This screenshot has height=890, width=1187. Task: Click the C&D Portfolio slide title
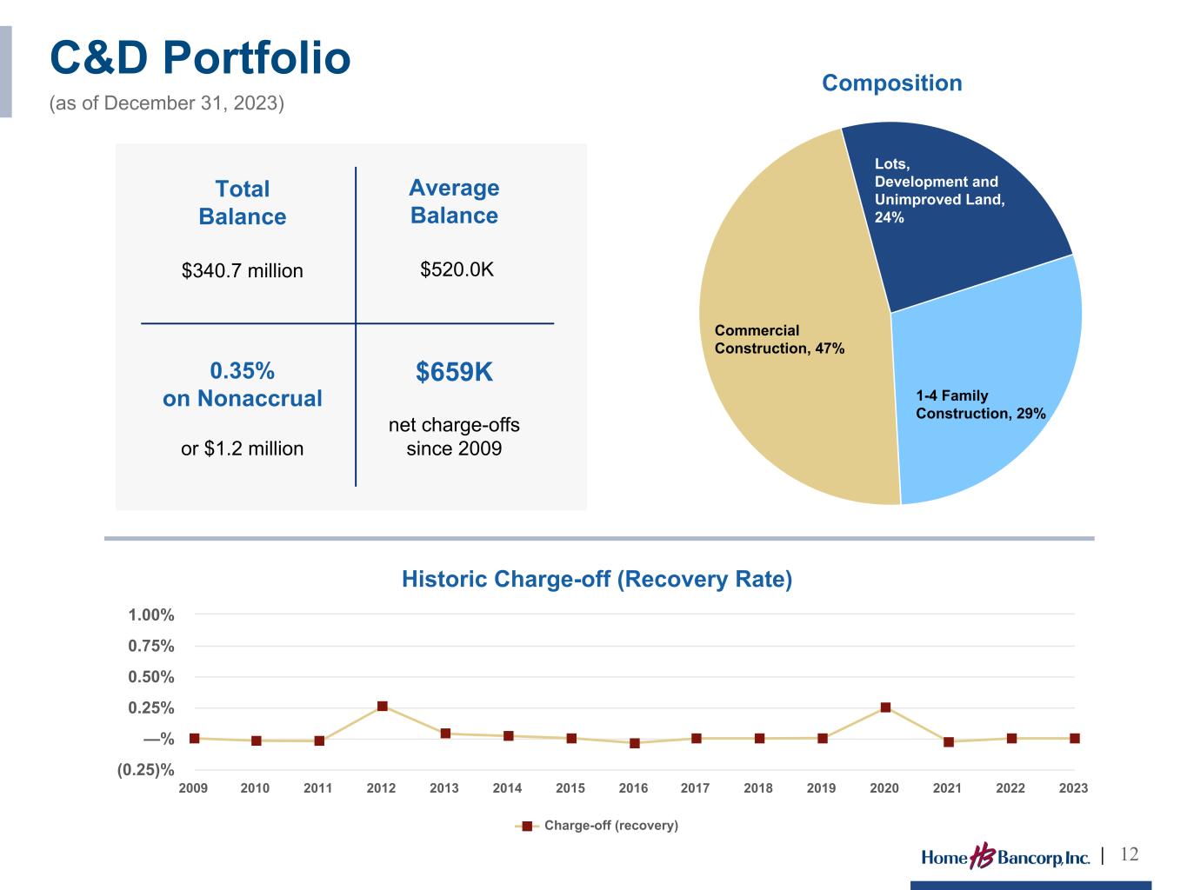click(200, 59)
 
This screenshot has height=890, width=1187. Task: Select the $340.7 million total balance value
click(242, 270)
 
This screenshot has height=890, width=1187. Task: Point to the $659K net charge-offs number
click(454, 372)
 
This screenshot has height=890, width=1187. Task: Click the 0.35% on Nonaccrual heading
click(242, 384)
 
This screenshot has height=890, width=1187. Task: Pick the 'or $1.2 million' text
click(242, 448)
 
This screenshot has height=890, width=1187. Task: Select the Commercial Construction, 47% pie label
click(778, 339)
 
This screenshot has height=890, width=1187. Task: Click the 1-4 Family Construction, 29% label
click(980, 404)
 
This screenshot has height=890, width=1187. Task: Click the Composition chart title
click(891, 83)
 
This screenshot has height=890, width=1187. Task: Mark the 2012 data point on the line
click(382, 707)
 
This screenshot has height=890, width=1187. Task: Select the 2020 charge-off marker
click(885, 707)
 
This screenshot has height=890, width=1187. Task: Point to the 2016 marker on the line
click(635, 743)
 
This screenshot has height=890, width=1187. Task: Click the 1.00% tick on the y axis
click(151, 615)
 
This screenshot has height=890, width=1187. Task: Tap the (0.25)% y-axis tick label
click(146, 770)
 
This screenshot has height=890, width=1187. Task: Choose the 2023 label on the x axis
click(1073, 788)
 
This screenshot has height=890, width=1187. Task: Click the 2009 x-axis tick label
click(193, 788)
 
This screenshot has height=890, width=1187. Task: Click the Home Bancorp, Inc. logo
click(1005, 858)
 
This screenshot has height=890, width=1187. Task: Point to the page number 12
click(1129, 854)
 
